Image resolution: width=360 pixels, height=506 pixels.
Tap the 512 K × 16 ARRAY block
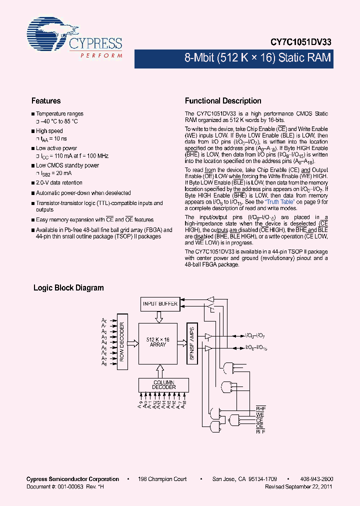[157, 342]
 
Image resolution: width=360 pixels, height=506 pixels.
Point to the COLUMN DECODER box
[164, 384]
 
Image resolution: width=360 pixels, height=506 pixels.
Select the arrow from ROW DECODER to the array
[133, 343]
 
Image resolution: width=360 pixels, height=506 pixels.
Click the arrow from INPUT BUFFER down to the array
[158, 316]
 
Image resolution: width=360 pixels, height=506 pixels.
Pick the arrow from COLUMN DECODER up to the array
[159, 370]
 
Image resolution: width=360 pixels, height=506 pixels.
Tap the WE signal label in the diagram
[260, 415]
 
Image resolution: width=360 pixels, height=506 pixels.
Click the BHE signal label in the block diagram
[260, 408]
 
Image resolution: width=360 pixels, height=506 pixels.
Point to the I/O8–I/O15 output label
[256, 347]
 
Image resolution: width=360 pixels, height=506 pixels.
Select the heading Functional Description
[223, 101]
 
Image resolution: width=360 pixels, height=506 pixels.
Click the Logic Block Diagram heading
[68, 288]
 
